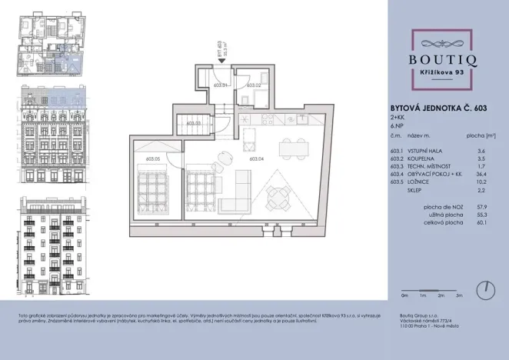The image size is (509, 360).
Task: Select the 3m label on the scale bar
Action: coord(459,295)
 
